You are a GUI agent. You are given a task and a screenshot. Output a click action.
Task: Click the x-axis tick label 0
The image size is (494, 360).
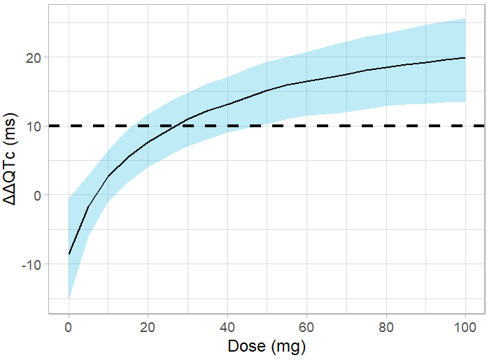pyautogui.click(x=69, y=327)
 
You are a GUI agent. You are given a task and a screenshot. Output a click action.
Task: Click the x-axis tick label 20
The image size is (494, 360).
pyautogui.click(x=148, y=327)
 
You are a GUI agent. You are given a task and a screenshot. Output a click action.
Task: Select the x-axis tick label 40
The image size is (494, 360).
pyautogui.click(x=227, y=327)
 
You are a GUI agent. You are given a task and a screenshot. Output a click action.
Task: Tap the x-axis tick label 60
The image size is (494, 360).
pyautogui.click(x=306, y=327)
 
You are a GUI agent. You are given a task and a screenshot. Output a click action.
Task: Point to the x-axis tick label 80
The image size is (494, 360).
pyautogui.click(x=386, y=327)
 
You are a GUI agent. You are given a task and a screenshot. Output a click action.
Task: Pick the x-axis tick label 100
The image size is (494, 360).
pyautogui.click(x=465, y=327)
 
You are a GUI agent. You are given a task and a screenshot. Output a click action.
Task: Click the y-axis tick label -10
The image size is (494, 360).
pyautogui.click(x=30, y=264)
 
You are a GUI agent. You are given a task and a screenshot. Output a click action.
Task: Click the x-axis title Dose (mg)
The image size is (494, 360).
pyautogui.click(x=267, y=346)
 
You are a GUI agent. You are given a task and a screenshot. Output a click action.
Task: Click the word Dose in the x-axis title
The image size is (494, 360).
pyautogui.click(x=246, y=346)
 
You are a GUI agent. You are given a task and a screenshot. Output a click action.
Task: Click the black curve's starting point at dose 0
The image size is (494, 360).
pyautogui.click(x=69, y=254)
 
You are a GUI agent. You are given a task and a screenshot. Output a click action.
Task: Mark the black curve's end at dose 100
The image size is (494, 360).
pyautogui.click(x=465, y=58)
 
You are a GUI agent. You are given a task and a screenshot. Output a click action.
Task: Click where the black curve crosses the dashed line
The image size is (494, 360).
pyautogui.click(x=180, y=126)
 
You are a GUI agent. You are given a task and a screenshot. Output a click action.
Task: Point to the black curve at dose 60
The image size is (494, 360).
pyautogui.click(x=306, y=82)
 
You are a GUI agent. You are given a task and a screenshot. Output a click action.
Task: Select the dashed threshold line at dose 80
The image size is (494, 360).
pyautogui.click(x=386, y=126)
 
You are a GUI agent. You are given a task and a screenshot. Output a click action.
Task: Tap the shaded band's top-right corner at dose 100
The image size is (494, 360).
pyautogui.click(x=465, y=20)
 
